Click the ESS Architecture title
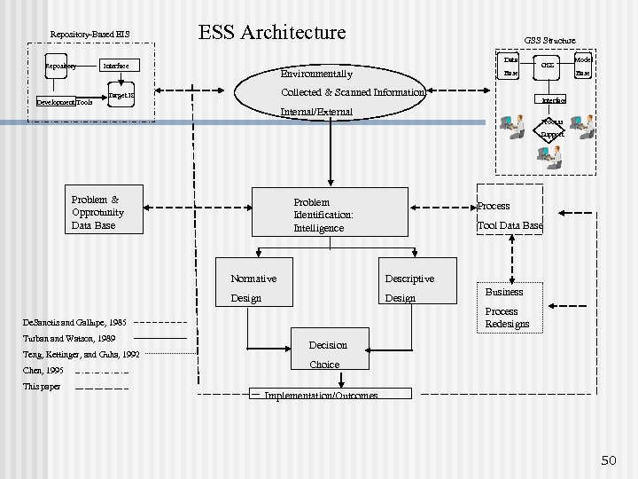272,33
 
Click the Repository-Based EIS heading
89,35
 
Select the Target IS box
121,94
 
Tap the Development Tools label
64,103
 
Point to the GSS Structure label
549,40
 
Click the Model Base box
583,66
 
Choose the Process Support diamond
552,129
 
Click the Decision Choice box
328,354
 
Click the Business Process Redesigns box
507,307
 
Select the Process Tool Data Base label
510,216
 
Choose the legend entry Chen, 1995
43,370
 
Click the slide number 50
608,460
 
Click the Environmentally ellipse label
316,75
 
